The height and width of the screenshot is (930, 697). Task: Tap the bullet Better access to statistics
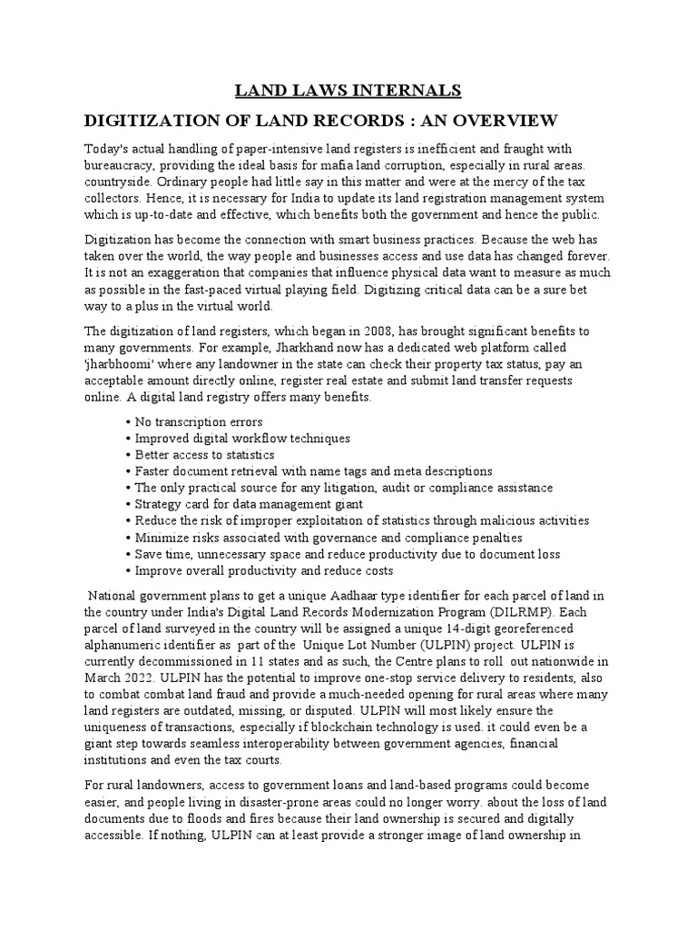click(204, 455)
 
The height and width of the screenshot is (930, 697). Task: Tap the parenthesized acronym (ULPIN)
click(448, 645)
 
